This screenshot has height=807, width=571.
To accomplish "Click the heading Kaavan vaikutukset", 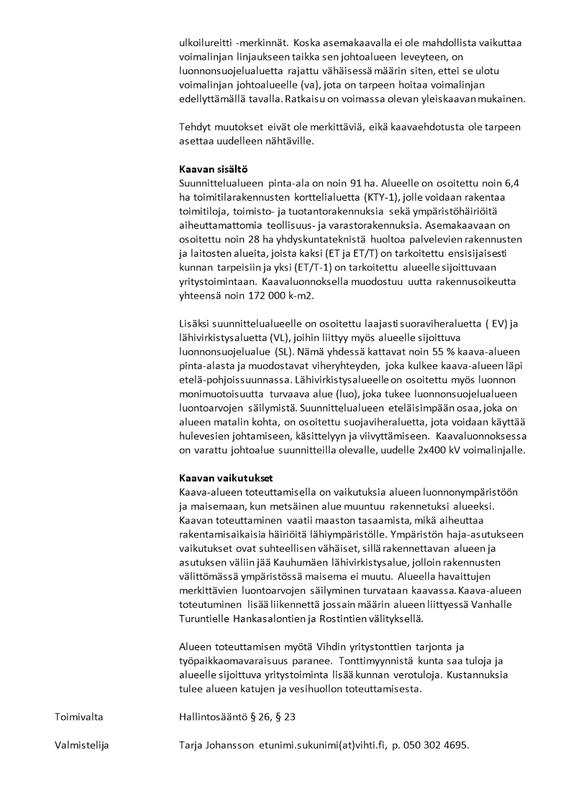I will click(x=225, y=478).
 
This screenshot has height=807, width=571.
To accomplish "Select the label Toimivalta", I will click(x=78, y=717).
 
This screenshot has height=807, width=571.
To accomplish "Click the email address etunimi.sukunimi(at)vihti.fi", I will click(x=322, y=745).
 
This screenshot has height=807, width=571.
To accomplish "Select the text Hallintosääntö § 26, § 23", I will click(x=237, y=717).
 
